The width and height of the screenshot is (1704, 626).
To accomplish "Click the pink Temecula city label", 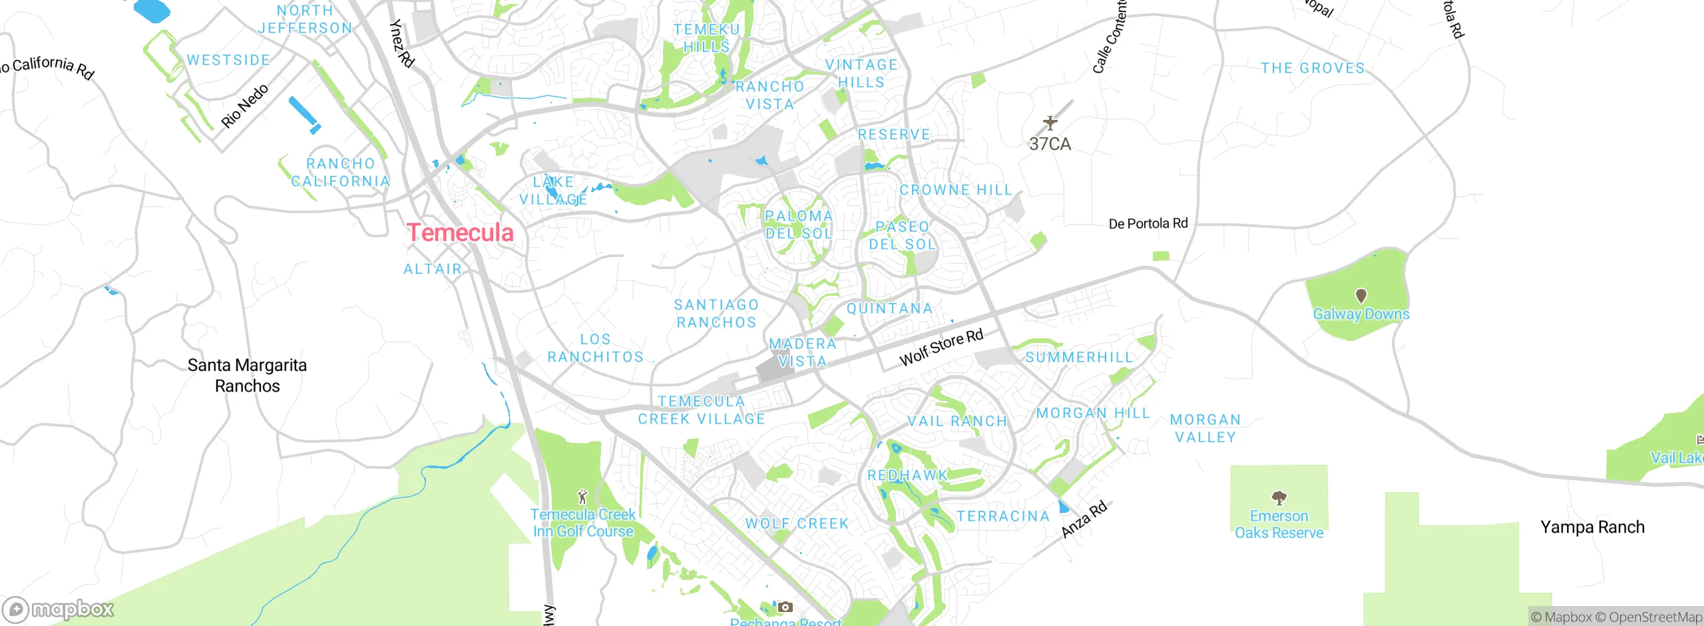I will [460, 232].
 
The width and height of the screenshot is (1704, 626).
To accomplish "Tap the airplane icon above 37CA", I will [1050, 123].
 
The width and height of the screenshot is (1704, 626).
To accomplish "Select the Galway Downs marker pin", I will [1361, 295].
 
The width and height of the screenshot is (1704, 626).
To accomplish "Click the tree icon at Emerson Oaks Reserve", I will [1278, 497].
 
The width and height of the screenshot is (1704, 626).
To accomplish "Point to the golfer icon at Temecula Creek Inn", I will [582, 496].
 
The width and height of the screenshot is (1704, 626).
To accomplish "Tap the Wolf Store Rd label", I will [941, 348].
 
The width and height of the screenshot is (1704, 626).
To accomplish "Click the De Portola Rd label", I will [1148, 224].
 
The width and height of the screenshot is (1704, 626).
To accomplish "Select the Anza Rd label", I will [1084, 519].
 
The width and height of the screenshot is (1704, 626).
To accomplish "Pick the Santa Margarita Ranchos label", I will [247, 375].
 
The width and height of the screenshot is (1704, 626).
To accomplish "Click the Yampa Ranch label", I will [1592, 527].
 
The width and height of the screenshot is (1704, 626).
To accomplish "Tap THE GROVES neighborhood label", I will [1313, 68].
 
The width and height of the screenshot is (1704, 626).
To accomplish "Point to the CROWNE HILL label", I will [955, 190].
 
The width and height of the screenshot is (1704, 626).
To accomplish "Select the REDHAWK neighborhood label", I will [907, 475].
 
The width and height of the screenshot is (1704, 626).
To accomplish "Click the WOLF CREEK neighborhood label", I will [797, 523].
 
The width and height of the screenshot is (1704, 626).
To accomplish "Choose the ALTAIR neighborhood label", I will [433, 269].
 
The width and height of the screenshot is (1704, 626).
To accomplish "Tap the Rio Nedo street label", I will [244, 106].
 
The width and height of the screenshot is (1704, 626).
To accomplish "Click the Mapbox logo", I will [59, 609].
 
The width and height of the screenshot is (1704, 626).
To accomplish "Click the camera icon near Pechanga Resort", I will [785, 607].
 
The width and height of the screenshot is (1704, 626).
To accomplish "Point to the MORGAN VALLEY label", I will [1205, 428].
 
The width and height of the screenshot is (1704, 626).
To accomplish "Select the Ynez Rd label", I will [401, 43].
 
